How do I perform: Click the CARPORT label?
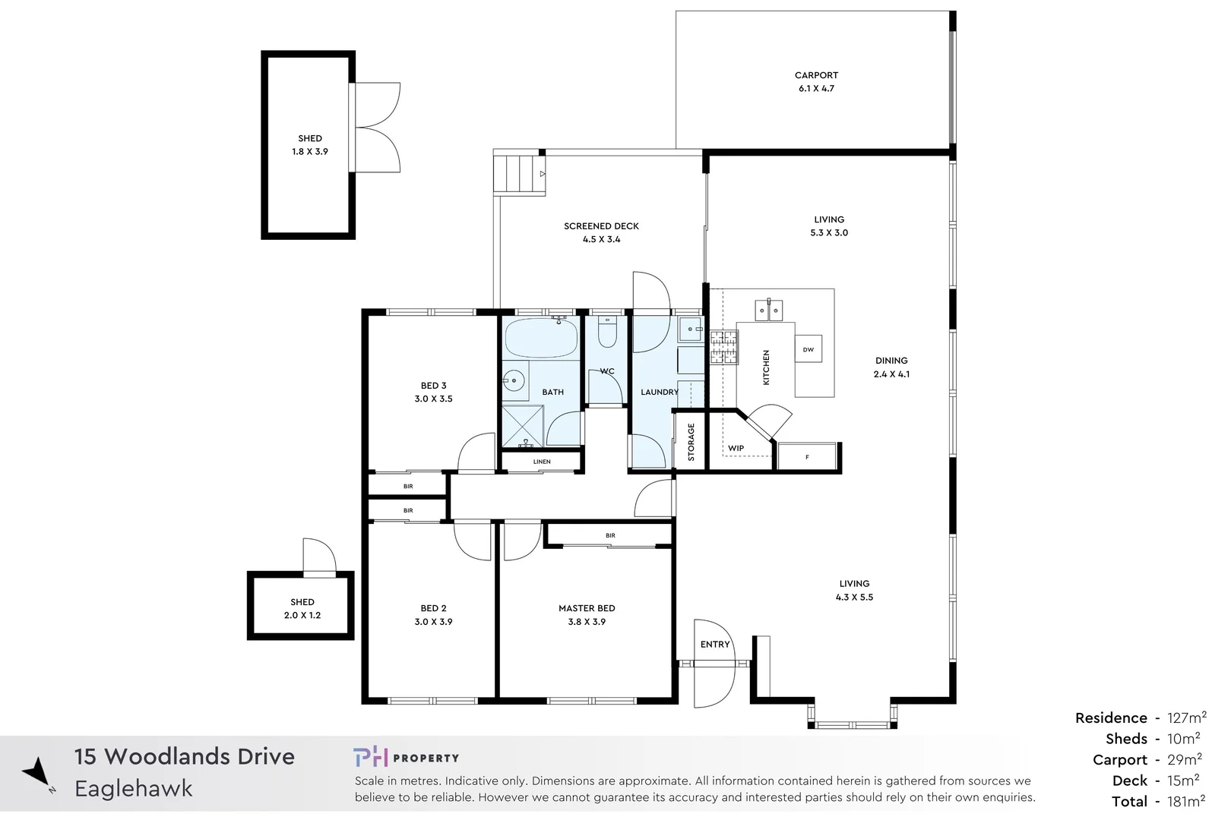click(x=816, y=75)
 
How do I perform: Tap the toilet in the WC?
click(x=607, y=334)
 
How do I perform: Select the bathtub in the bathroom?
click(x=541, y=339)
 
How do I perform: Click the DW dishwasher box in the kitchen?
click(x=808, y=349)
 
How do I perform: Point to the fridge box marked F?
click(x=807, y=457)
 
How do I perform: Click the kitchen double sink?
click(x=768, y=310)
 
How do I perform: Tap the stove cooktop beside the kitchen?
click(x=723, y=347)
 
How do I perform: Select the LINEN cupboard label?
click(x=542, y=462)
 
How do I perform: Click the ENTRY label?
click(x=714, y=644)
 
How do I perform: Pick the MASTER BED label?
click(x=587, y=608)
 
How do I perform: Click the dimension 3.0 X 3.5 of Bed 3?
click(x=433, y=399)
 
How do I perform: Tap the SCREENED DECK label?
click(x=601, y=225)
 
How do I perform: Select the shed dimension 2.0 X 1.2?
click(x=302, y=615)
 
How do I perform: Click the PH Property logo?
click(x=406, y=757)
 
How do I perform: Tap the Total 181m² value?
click(x=1185, y=801)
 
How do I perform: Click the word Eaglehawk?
click(x=134, y=789)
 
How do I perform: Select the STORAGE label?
click(x=691, y=442)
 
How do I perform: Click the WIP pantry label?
click(x=736, y=448)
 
